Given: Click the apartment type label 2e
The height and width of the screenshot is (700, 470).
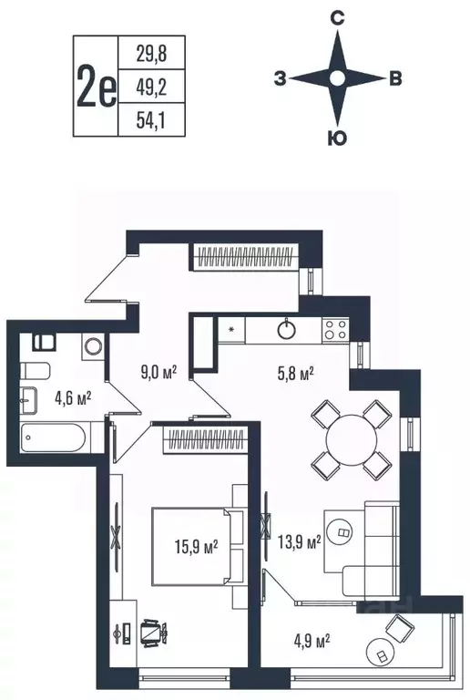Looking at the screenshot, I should [x=97, y=87].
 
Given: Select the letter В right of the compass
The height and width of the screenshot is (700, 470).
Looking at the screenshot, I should [x=394, y=79].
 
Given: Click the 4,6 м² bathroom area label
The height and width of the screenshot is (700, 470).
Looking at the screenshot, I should [x=73, y=396].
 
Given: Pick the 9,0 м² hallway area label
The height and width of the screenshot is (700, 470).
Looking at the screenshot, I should [x=158, y=371].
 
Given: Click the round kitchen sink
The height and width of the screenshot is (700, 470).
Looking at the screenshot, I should [x=289, y=328].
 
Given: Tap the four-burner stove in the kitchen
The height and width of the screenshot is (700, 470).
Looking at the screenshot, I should [x=334, y=328].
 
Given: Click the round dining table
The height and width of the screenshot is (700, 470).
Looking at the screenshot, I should [x=352, y=439].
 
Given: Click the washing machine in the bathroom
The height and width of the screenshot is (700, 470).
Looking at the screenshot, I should [x=91, y=347].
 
